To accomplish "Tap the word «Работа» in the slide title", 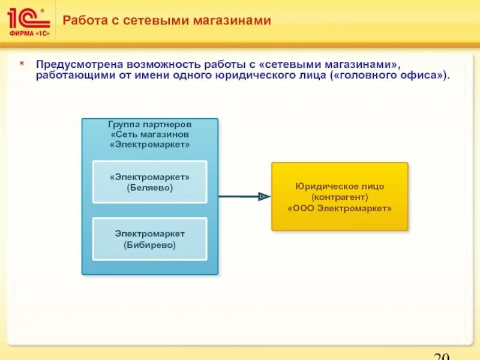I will coord(82,21).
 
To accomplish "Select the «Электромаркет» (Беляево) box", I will coord(149,182).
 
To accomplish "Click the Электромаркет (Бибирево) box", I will coord(149,239).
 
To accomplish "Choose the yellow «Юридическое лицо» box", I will coord(340,197).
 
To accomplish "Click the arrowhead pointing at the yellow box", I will coord(262,196).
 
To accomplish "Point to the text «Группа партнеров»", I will coord(150,125).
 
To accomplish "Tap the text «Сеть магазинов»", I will coord(150,134).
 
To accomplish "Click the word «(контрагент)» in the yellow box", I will coord(340,197).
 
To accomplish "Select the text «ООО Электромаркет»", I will coord(340,208).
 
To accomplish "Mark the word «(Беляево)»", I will coord(149,188).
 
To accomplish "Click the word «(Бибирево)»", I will coord(149,245).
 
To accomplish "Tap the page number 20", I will coord(441,355).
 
